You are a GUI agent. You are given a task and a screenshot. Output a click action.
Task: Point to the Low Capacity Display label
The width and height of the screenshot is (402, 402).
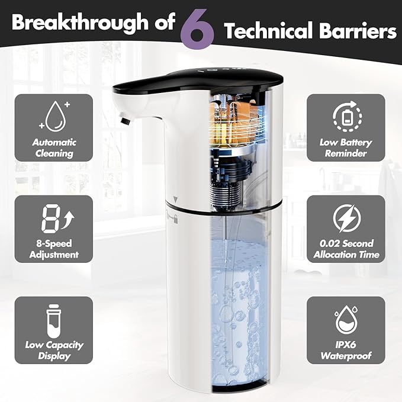pos(54,350)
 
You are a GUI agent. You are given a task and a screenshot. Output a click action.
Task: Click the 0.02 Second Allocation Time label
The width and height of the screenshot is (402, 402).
pos(346,249)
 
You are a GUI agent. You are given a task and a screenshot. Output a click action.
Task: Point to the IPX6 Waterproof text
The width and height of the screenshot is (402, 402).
pos(346,350)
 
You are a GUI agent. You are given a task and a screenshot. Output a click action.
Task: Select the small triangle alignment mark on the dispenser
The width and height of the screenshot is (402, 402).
pos(176,200)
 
